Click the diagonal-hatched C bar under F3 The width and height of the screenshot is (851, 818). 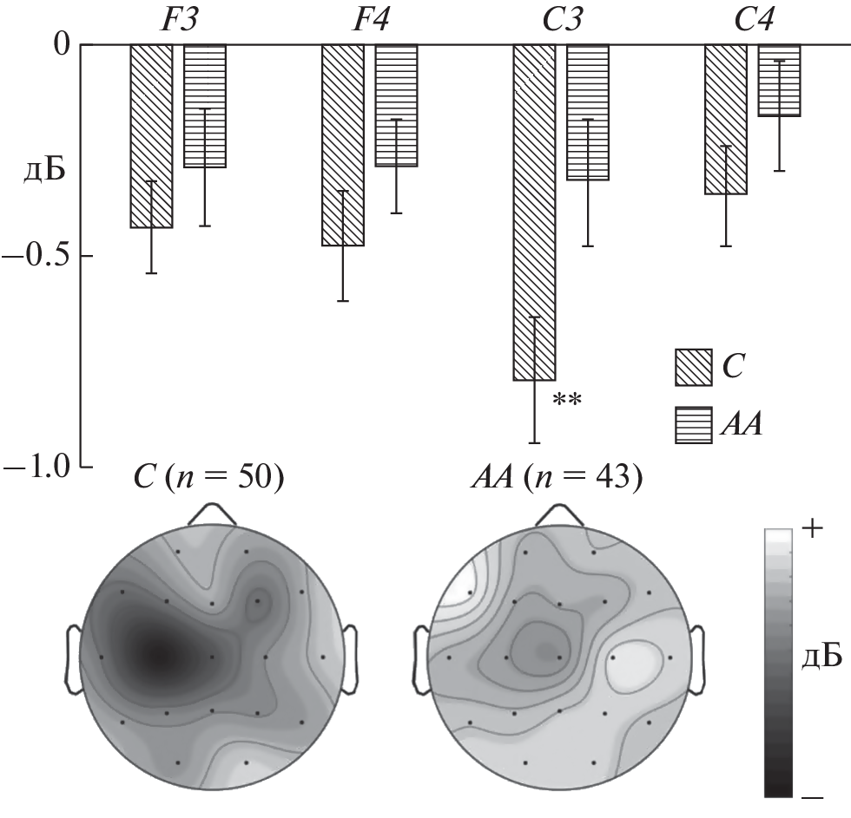pyautogui.click(x=151, y=135)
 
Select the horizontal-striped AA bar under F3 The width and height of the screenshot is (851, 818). pyautogui.click(x=205, y=106)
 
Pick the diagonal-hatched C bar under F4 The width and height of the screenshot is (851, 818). pyautogui.click(x=343, y=145)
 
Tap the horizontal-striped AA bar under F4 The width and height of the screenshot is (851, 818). pyautogui.click(x=396, y=105)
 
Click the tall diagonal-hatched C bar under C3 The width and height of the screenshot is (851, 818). pyautogui.click(x=535, y=212)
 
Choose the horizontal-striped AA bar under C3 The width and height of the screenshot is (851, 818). pyautogui.click(x=588, y=112)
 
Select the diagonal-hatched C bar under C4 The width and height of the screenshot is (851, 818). pyautogui.click(x=726, y=119)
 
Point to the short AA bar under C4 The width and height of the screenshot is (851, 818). pyautogui.click(x=780, y=80)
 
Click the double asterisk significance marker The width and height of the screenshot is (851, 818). pyautogui.click(x=567, y=400)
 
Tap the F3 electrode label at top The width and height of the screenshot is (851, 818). pyautogui.click(x=178, y=20)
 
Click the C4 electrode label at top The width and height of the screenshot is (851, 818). pyautogui.click(x=754, y=20)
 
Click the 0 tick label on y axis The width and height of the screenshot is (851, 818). pyautogui.click(x=63, y=44)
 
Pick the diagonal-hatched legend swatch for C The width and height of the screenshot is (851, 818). pyautogui.click(x=694, y=367)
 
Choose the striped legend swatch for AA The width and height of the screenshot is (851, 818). pyautogui.click(x=694, y=426)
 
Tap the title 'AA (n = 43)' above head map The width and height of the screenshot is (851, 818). pyautogui.click(x=557, y=479)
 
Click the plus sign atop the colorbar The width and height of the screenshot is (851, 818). pyautogui.click(x=813, y=529)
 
